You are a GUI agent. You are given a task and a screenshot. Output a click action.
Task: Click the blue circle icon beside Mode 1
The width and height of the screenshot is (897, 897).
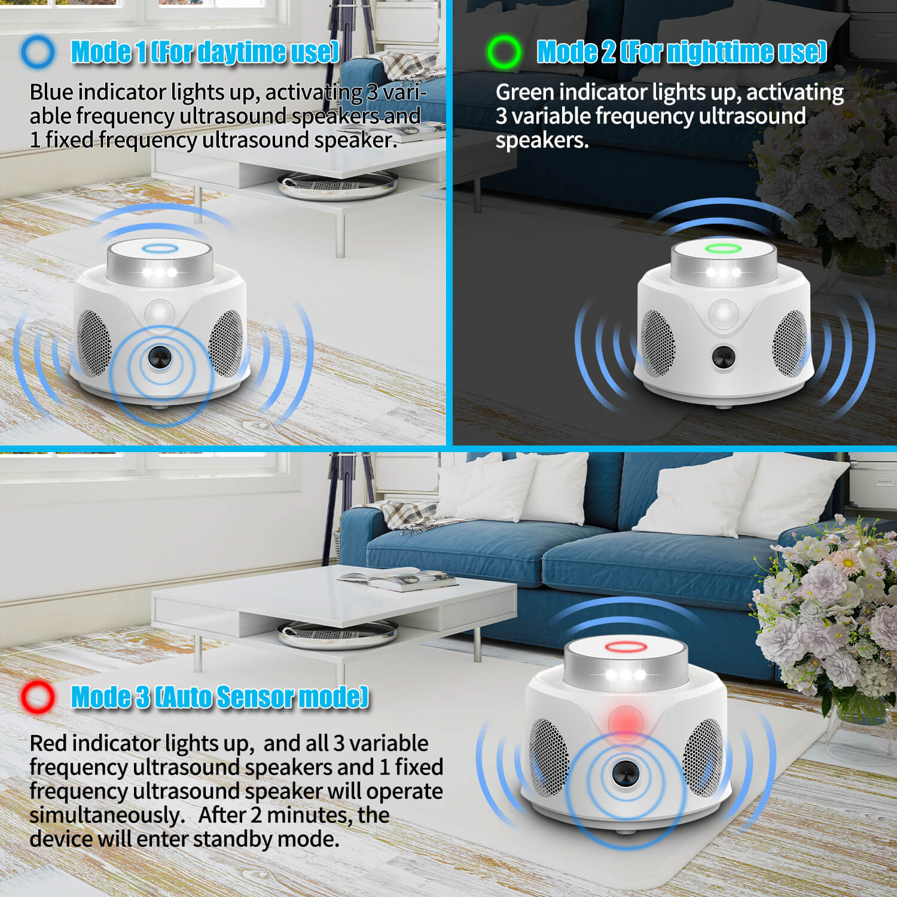coord(37,51)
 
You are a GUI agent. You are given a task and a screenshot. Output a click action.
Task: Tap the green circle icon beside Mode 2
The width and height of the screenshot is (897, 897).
coord(504,51)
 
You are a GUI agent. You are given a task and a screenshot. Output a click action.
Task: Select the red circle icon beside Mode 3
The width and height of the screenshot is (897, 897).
coord(37,697)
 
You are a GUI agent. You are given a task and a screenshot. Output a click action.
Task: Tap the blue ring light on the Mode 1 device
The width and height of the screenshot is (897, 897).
coord(159,249)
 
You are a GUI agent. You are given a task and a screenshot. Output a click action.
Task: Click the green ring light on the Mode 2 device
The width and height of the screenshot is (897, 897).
coord(723,248)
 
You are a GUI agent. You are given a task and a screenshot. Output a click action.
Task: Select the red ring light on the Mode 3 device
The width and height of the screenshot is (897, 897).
coord(623,647)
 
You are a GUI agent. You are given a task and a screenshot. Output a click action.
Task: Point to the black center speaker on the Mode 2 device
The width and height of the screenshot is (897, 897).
coord(724,357)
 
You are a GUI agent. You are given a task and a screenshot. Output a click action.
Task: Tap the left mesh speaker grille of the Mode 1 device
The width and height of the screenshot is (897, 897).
coord(94,343)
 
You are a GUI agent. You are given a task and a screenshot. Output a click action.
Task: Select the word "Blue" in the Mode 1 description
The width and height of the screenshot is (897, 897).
coord(51,93)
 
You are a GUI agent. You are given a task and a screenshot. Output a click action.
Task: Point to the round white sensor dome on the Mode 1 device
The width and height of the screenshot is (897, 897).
coord(159,312)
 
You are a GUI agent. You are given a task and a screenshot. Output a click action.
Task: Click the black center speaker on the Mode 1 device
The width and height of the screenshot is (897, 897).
coord(160,358)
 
